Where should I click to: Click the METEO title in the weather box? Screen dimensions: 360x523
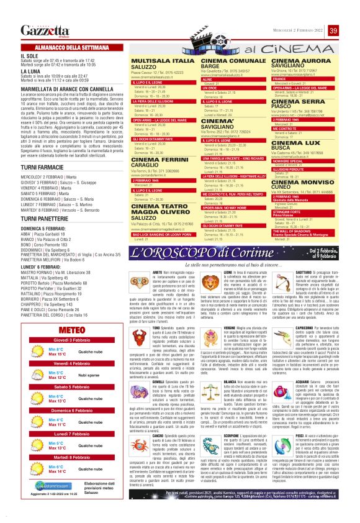click(68, 312)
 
